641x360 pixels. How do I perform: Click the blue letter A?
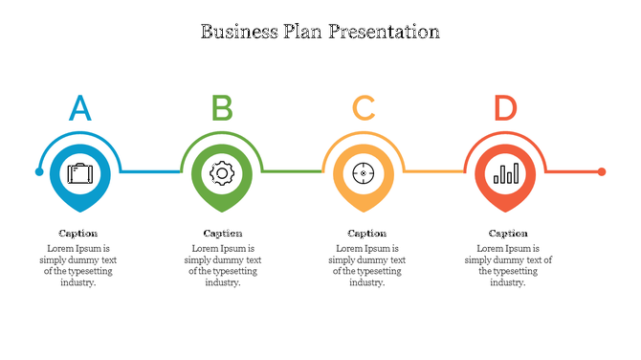[80, 108]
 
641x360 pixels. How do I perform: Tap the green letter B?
[222, 108]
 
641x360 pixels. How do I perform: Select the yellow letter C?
[364, 108]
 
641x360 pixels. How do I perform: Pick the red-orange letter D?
[505, 108]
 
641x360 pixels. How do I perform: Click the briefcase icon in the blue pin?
[79, 173]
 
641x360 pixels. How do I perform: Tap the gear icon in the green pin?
[222, 173]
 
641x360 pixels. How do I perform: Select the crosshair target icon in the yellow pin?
[364, 173]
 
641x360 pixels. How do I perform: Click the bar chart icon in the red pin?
[506, 173]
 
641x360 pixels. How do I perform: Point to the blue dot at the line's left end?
[39, 172]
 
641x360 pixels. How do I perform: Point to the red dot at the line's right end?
[602, 172]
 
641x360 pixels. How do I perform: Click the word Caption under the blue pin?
[77, 233]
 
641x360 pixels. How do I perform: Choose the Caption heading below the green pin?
[223, 233]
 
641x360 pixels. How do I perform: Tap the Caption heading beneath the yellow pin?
[366, 233]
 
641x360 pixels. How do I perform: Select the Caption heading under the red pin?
[508, 233]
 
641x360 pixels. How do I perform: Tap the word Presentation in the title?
[384, 32]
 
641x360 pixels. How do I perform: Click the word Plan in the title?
[303, 32]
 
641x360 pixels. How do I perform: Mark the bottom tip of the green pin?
[222, 211]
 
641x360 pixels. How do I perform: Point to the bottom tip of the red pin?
[506, 211]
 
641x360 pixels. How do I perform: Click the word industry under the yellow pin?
[365, 282]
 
